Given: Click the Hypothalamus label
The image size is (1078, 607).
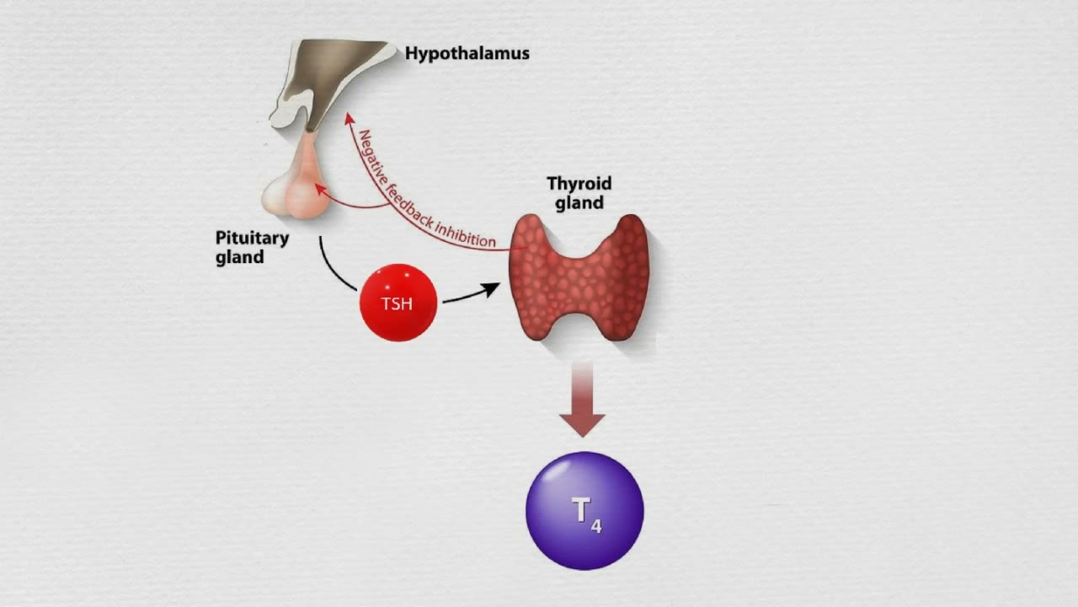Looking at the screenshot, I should [x=467, y=53].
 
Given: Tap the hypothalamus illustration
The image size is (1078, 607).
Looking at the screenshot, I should [x=333, y=76].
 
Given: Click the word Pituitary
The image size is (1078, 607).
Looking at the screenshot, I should [x=252, y=238].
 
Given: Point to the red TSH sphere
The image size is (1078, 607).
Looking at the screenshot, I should [x=398, y=303].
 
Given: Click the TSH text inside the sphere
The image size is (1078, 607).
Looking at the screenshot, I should [x=398, y=303].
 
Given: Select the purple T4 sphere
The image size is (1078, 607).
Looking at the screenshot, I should [x=584, y=510].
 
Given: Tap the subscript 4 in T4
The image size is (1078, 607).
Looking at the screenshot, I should [x=596, y=527].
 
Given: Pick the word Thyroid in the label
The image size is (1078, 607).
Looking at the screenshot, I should [x=579, y=183].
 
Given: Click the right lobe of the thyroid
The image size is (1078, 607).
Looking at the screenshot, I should [x=623, y=274].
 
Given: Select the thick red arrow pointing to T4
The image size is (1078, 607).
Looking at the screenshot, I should [x=582, y=400].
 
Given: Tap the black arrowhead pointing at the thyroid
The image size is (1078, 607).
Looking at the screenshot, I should [x=489, y=289].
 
